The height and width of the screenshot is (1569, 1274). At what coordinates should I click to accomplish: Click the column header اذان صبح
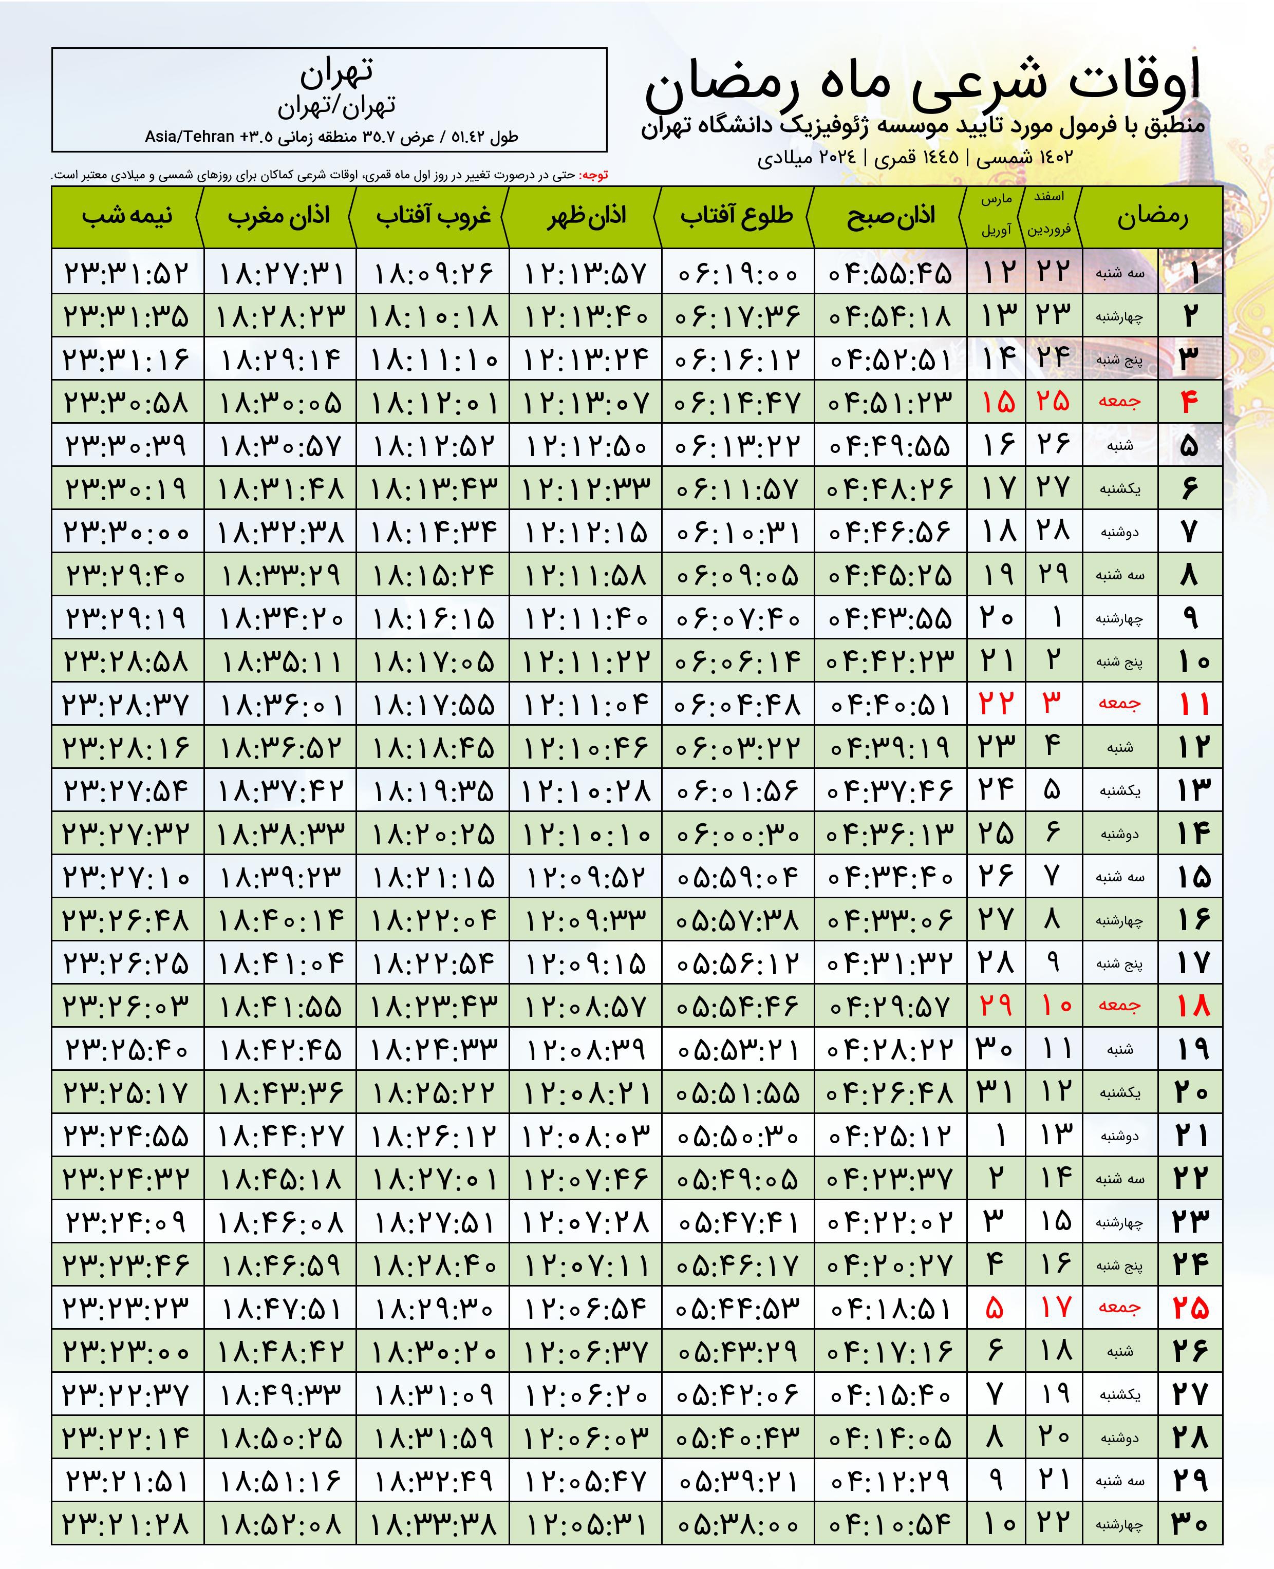890,216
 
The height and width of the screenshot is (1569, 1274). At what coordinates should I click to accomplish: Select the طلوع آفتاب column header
736,216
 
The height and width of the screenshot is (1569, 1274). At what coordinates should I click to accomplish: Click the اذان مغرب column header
279,216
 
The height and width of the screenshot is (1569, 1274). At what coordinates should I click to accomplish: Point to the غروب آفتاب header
433,216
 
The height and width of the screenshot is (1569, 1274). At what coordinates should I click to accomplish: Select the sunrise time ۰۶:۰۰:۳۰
737,834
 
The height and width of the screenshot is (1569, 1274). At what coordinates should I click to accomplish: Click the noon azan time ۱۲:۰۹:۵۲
586,877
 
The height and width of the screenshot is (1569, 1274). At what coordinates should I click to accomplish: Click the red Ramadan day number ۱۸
1192,1007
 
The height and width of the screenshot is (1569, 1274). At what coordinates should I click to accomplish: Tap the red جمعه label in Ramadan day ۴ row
1119,402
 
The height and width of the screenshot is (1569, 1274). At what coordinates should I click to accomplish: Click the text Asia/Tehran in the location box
189,137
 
